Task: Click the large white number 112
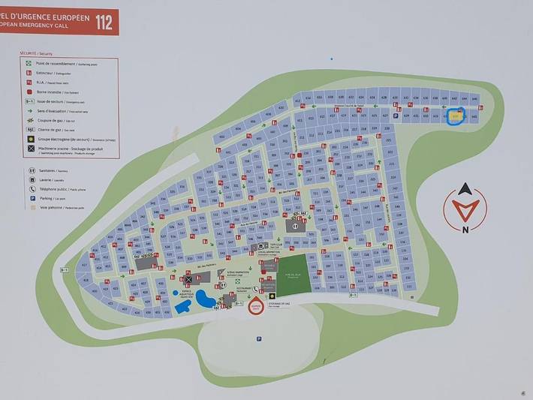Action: pyautogui.click(x=104, y=21)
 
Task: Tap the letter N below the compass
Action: pyautogui.click(x=465, y=230)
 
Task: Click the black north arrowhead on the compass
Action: pyautogui.click(x=465, y=190)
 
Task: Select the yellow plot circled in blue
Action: pyautogui.click(x=456, y=117)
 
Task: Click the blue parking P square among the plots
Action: pyautogui.click(x=396, y=116)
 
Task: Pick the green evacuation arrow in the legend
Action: pyautogui.click(x=30, y=110)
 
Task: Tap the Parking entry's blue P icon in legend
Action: pyautogui.click(x=31, y=198)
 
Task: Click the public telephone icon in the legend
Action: pyautogui.click(x=31, y=189)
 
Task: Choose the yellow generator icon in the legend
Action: pyautogui.click(x=30, y=139)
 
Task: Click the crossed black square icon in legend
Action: pyautogui.click(x=30, y=149)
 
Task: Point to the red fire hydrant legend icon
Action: pyautogui.click(x=30, y=91)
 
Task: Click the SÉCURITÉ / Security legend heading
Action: pyautogui.click(x=37, y=54)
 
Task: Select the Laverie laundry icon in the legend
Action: pyautogui.click(x=31, y=180)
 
